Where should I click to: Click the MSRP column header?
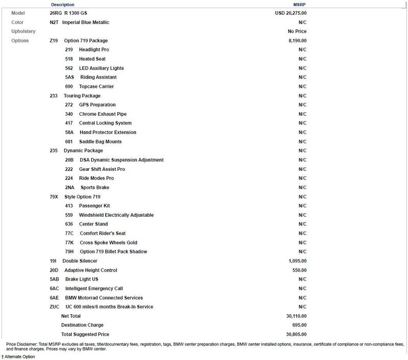click(299, 4)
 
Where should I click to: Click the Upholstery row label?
click(23, 32)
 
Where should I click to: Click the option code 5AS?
click(70, 78)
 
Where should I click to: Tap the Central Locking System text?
click(105, 123)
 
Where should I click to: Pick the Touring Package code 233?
click(53, 96)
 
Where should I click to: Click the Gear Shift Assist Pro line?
click(102, 169)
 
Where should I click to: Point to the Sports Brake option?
click(95, 188)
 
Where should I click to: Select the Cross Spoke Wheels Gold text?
click(109, 243)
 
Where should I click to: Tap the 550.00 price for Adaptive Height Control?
click(299, 270)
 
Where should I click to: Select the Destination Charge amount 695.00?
click(299, 325)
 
